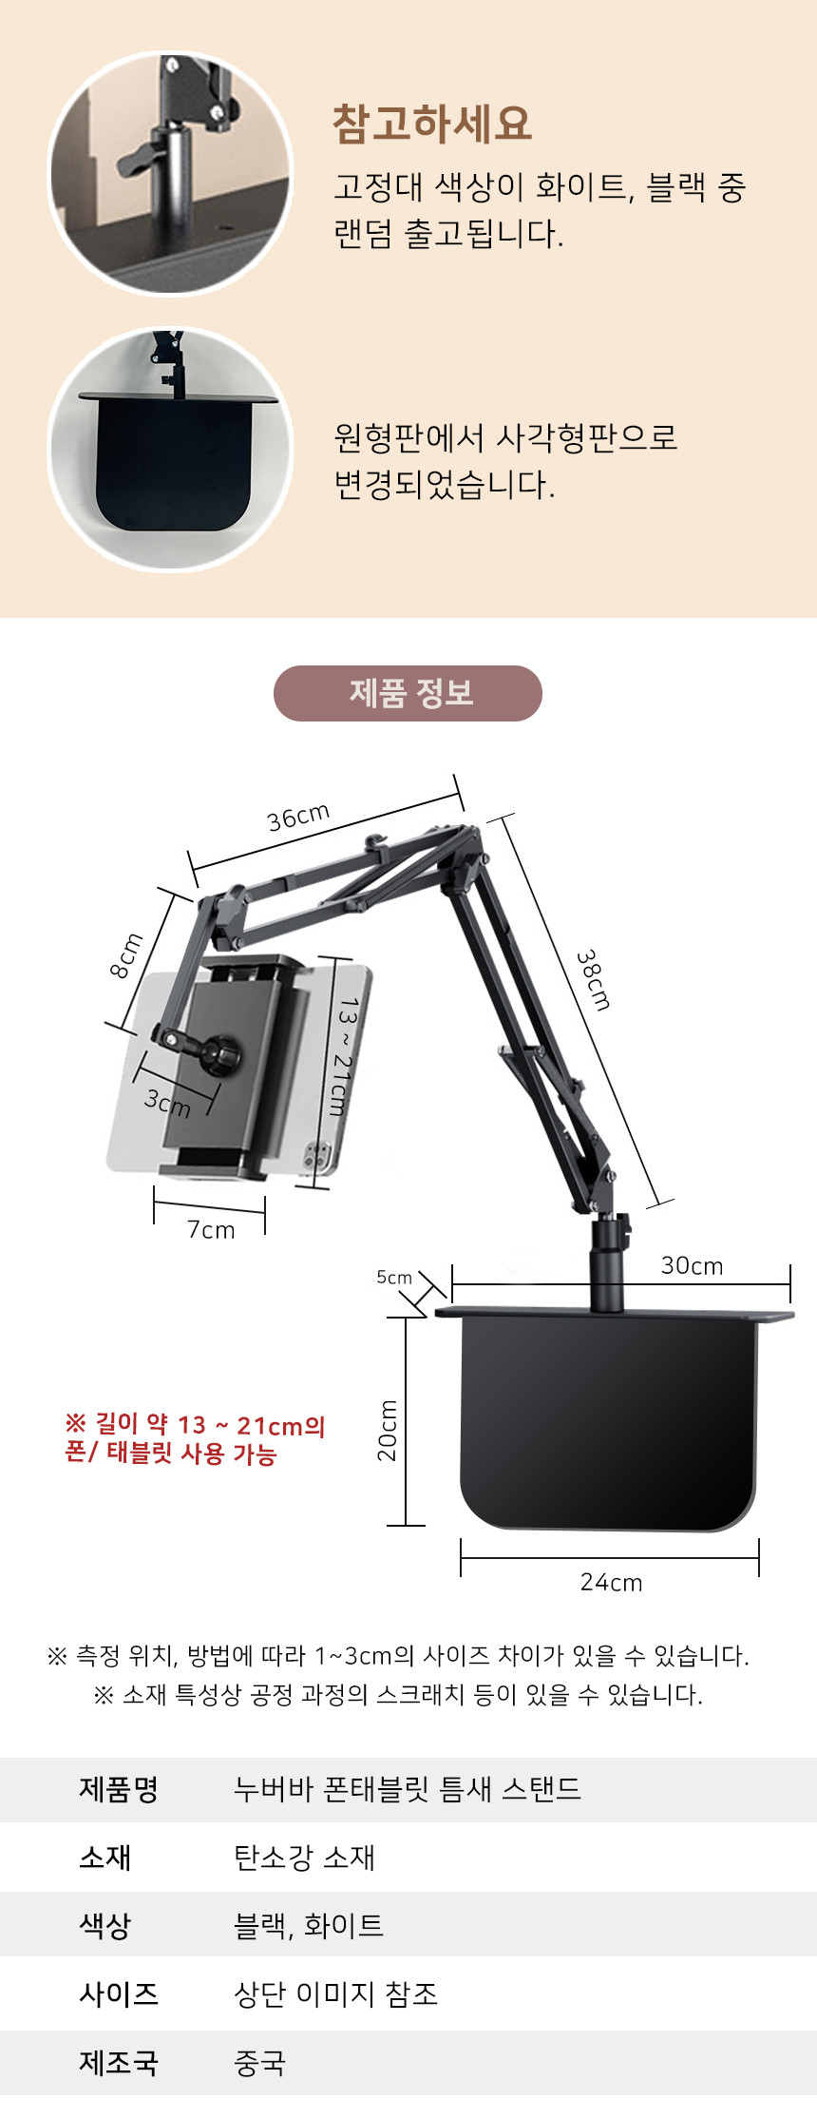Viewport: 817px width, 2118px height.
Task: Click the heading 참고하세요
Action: tap(431, 124)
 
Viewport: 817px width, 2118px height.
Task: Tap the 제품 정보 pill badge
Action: tap(408, 693)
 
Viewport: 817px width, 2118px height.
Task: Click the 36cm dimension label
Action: tap(298, 817)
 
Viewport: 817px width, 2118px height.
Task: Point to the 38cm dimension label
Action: tap(594, 979)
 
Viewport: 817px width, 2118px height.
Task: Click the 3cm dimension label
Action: tap(167, 1103)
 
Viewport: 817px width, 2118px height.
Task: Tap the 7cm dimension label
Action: tap(211, 1229)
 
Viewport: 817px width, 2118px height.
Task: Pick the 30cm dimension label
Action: tap(692, 1265)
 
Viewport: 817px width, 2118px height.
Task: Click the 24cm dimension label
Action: tap(611, 1582)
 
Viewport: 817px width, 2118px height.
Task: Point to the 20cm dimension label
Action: tap(388, 1431)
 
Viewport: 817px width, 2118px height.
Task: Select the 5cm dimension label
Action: tap(394, 1277)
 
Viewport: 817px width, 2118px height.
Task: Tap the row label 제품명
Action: tap(119, 1788)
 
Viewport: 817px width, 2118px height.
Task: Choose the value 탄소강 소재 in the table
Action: tap(304, 1857)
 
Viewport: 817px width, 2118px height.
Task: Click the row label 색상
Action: tap(104, 1925)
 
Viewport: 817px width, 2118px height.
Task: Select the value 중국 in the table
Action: tap(259, 2062)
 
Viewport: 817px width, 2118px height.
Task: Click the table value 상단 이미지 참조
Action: tap(335, 1993)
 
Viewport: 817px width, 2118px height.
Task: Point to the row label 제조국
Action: tap(119, 2062)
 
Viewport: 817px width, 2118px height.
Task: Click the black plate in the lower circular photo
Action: tap(174, 461)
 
